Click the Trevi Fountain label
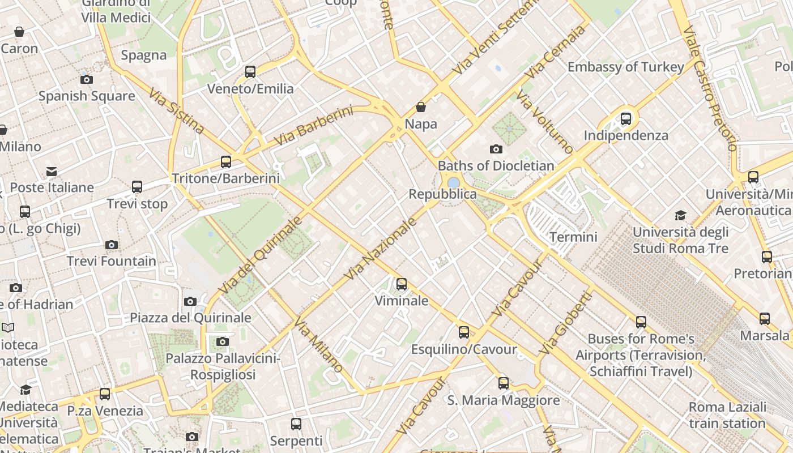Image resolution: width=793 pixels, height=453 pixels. click(x=112, y=261)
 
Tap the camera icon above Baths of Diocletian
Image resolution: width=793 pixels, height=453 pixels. click(x=496, y=149)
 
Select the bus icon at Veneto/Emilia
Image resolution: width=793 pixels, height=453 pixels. click(x=250, y=72)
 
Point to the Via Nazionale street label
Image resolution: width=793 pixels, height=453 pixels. click(x=381, y=247)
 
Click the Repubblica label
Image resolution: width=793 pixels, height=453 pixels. click(x=443, y=194)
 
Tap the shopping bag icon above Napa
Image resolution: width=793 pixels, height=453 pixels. click(x=421, y=107)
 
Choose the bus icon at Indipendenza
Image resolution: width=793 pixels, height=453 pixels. click(x=626, y=119)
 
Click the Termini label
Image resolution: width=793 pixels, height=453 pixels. click(x=573, y=237)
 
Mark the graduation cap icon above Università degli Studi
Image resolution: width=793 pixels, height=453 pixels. click(x=680, y=216)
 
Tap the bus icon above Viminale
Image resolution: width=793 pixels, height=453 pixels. click(x=402, y=284)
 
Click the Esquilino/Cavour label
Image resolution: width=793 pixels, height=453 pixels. click(x=464, y=349)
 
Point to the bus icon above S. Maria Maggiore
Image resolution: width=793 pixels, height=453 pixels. click(x=504, y=383)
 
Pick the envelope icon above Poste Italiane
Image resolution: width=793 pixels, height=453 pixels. click(x=52, y=171)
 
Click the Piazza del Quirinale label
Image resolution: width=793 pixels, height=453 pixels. click(x=190, y=318)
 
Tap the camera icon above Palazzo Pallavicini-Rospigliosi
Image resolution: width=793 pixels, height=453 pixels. click(x=223, y=341)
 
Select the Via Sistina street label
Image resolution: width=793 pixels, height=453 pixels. click(x=176, y=110)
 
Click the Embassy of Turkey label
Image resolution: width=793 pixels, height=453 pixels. click(x=625, y=67)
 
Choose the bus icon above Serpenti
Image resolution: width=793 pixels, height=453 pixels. click(x=296, y=424)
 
